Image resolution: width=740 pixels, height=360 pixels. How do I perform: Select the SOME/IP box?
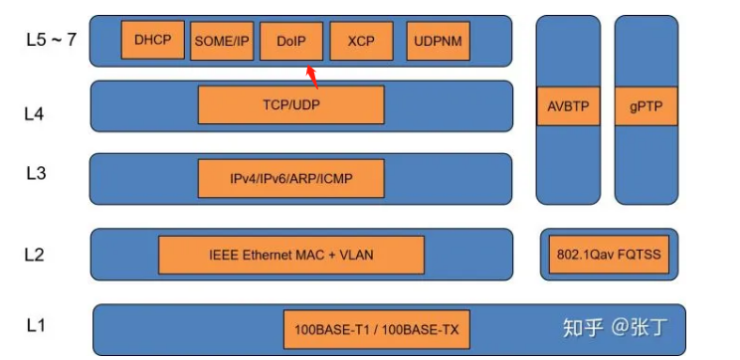pyautogui.click(x=221, y=41)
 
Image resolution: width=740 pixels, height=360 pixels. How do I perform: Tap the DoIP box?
pyautogui.click(x=290, y=41)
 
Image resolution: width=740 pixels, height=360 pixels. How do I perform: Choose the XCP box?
pyautogui.click(x=361, y=41)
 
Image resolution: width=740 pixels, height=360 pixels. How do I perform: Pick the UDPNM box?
pyautogui.click(x=439, y=41)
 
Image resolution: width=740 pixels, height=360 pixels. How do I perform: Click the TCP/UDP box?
pyautogui.click(x=290, y=104)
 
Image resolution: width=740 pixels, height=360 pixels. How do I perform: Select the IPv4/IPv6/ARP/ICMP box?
pyautogui.click(x=290, y=179)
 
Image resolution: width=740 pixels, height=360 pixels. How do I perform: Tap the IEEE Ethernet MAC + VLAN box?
pyautogui.click(x=291, y=255)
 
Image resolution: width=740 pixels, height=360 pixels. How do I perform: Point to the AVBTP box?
pyautogui.click(x=568, y=105)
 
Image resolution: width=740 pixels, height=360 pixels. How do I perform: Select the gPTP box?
pyautogui.click(x=646, y=105)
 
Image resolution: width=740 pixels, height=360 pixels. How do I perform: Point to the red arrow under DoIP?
pyautogui.click(x=311, y=76)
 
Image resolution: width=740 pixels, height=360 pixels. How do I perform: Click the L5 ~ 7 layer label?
pyautogui.click(x=51, y=41)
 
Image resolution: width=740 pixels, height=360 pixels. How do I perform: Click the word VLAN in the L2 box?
pyautogui.click(x=354, y=255)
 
